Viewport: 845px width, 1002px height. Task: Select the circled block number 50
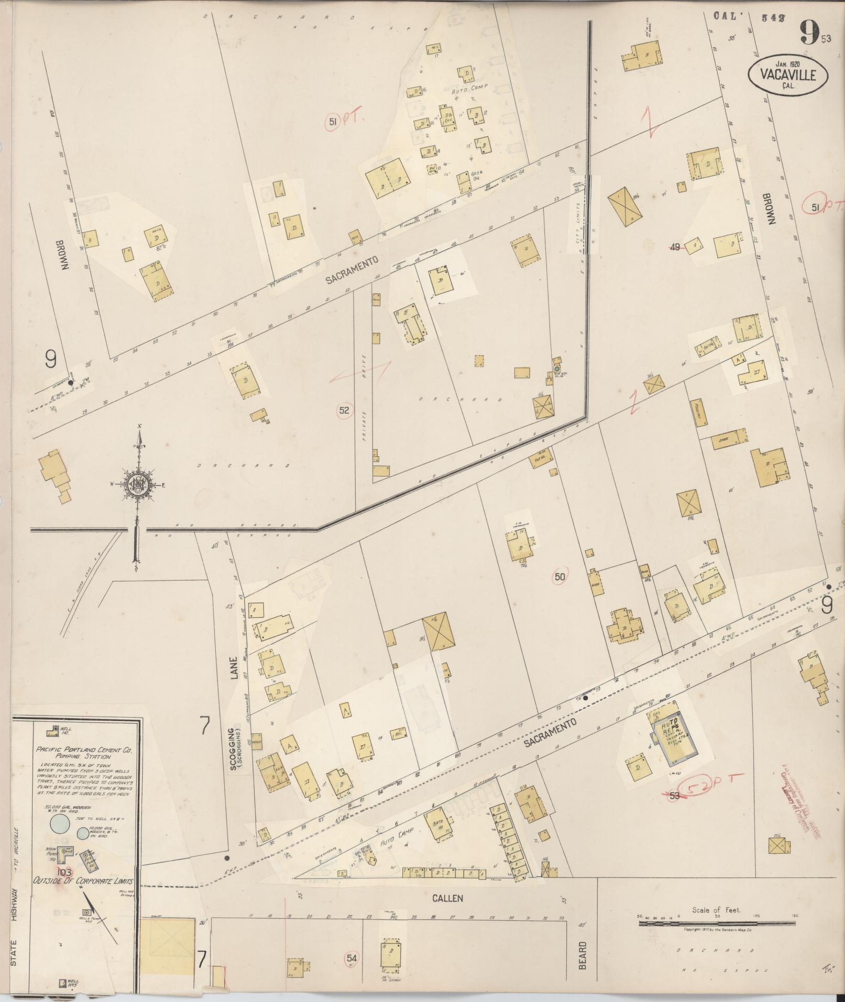coord(560,577)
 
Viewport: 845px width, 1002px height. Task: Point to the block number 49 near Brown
coord(675,247)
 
